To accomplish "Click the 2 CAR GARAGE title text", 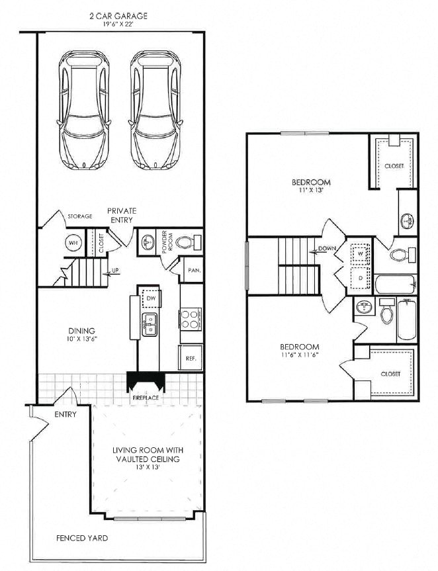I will tap(120, 15).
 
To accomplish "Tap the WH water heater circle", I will tap(71, 243).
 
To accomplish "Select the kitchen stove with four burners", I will tap(190, 319).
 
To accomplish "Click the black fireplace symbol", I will tap(146, 383).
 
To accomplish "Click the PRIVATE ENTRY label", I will tap(122, 215).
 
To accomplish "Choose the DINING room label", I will tap(81, 331).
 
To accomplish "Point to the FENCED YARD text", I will tap(81, 538).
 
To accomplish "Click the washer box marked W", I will tap(359, 252).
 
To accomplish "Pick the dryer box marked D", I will tap(359, 278).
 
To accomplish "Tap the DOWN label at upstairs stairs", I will tap(326, 249).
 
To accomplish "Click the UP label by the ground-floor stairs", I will tap(114, 271).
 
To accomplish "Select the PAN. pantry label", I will tap(194, 270).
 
